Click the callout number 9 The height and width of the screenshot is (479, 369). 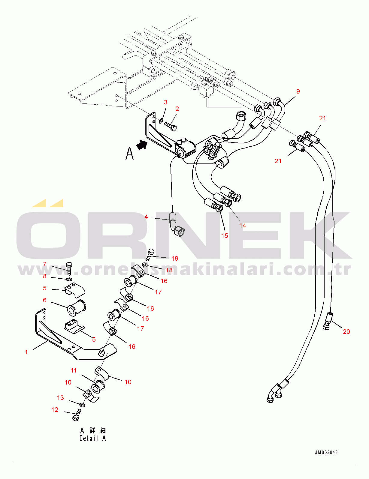pyautogui.click(x=298, y=91)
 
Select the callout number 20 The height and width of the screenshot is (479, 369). pyautogui.click(x=346, y=331)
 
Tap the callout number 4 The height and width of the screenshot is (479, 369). pyautogui.click(x=146, y=217)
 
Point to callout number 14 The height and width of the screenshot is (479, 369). pyautogui.click(x=243, y=225)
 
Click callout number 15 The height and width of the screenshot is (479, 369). pyautogui.click(x=225, y=236)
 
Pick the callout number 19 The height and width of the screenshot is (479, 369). pyautogui.click(x=174, y=258)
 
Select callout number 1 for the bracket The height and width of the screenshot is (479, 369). pyautogui.click(x=26, y=352)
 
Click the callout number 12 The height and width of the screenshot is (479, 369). pyautogui.click(x=55, y=409)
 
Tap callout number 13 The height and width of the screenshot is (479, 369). pyautogui.click(x=60, y=397)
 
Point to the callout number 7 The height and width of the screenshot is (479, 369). pyautogui.click(x=45, y=264)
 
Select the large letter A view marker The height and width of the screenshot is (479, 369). pyautogui.click(x=129, y=154)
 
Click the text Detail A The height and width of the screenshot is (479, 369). pyautogui.click(x=92, y=438)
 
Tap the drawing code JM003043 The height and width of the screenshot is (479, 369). pyautogui.click(x=326, y=452)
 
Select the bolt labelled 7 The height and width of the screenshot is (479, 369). pyautogui.click(x=69, y=268)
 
